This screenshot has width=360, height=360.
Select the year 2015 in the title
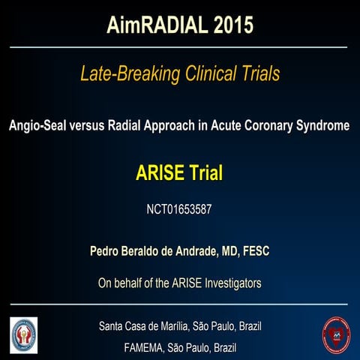[x=228, y=25]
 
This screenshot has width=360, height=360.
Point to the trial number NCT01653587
[x=179, y=209]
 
